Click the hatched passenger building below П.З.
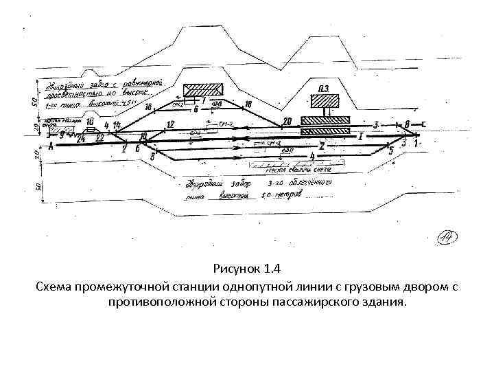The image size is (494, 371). [x=325, y=101]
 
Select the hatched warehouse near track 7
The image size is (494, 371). [x=203, y=89]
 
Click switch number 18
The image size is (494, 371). [x=248, y=104]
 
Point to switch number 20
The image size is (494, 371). [x=287, y=121]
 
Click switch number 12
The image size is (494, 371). [x=171, y=124]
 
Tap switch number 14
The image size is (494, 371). [x=117, y=125]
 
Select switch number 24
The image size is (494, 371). [x=82, y=138]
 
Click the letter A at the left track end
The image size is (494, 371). [x=50, y=146]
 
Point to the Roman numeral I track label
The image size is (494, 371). [x=360, y=137]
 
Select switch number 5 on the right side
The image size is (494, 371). [x=390, y=149]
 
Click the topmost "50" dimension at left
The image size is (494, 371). [x=35, y=101]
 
